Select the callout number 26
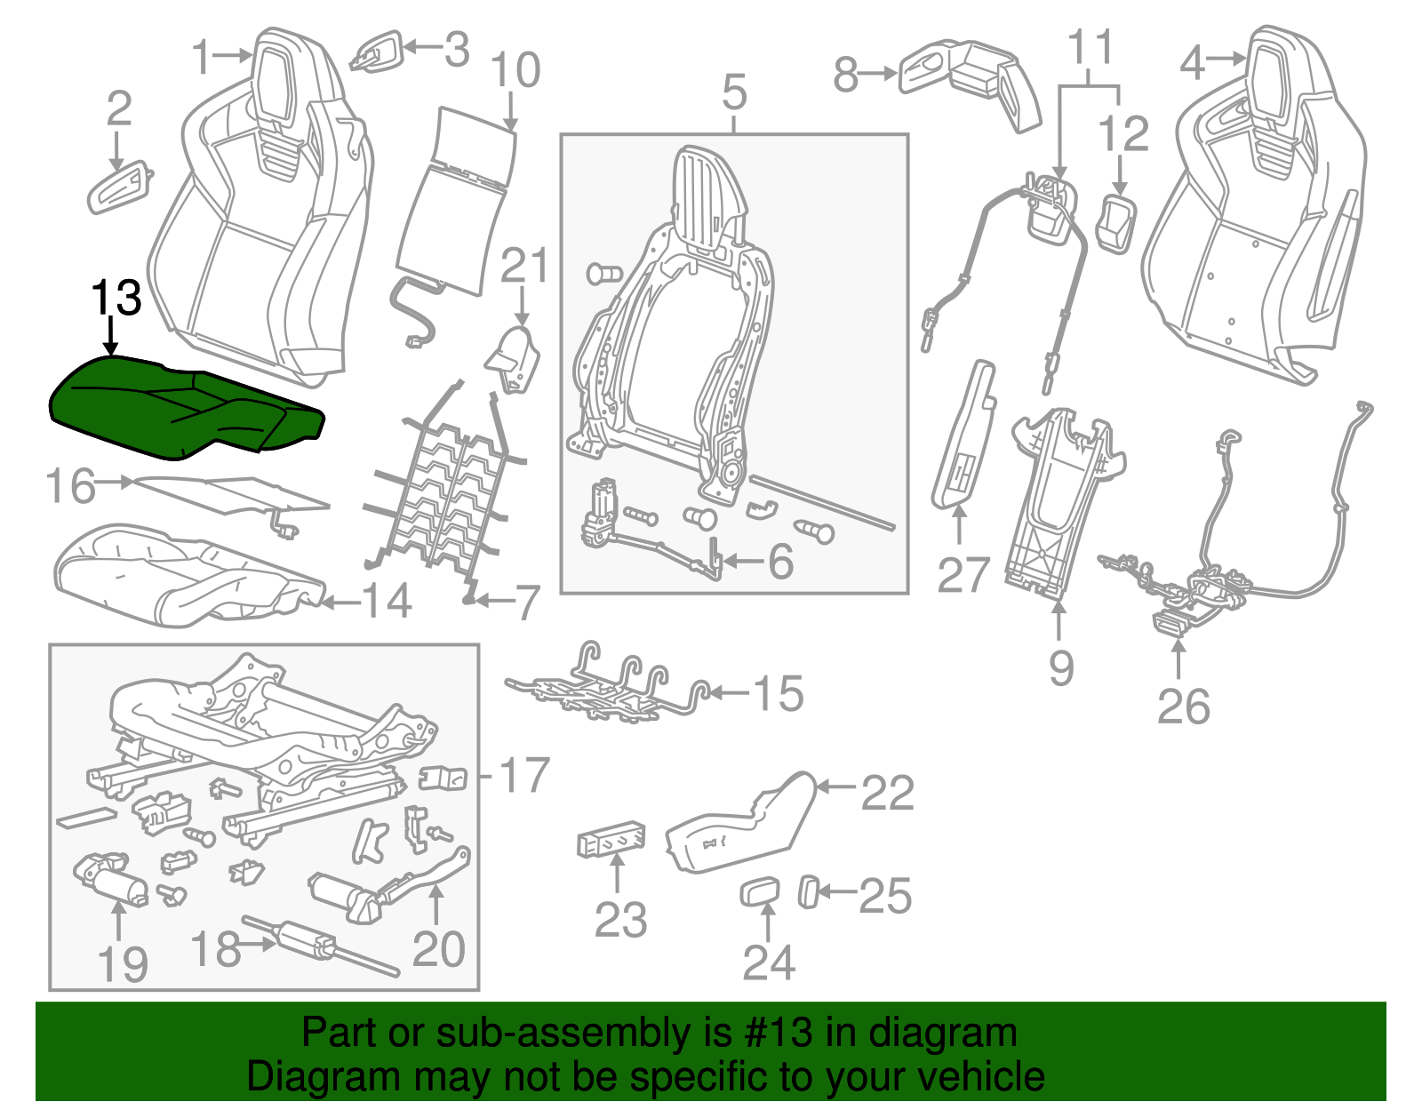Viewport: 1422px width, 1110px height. (1183, 707)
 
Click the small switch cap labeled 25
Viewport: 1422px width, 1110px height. (809, 891)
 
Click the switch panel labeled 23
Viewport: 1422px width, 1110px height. (611, 840)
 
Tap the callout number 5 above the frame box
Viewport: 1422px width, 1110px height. (734, 93)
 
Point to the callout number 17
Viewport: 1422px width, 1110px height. (524, 776)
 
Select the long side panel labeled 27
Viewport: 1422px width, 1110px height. (963, 435)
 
